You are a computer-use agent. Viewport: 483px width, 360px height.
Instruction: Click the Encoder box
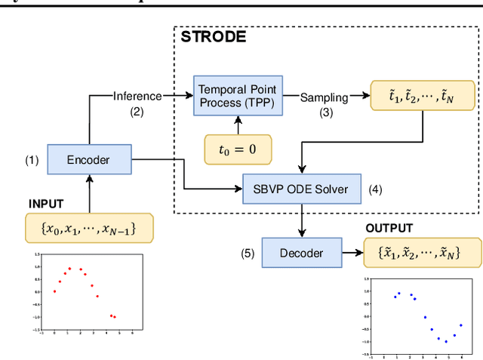pos(88,159)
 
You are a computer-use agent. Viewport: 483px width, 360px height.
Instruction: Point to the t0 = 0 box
pos(238,149)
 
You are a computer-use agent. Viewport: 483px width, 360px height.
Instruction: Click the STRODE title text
pos(214,36)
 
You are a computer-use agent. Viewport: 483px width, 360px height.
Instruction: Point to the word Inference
pos(137,96)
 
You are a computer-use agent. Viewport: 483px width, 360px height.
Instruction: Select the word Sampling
pos(325,97)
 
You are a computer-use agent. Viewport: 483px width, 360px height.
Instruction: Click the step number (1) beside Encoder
pos(31,159)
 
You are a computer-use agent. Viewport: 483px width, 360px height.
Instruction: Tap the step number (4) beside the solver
pos(375,189)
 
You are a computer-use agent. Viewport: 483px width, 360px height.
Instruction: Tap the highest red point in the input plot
pos(69,268)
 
